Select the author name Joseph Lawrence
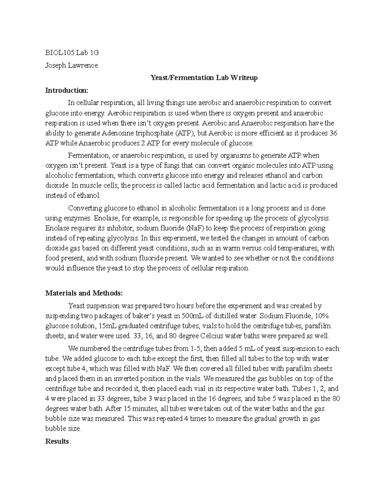pos(71,65)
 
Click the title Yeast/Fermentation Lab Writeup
pos(204,78)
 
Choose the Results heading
pos(57,441)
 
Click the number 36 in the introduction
pos(334,133)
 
